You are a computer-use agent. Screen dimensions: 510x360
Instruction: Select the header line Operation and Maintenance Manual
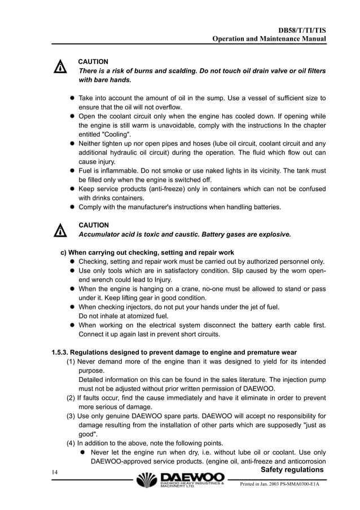(269, 38)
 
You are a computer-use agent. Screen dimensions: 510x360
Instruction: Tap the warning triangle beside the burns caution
(59, 67)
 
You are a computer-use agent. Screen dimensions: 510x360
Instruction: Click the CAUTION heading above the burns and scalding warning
(93, 61)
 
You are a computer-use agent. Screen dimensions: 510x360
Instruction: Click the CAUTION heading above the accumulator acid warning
(93, 225)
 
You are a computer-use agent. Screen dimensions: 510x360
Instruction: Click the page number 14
(55, 472)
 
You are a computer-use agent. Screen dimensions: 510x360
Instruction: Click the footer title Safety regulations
(292, 470)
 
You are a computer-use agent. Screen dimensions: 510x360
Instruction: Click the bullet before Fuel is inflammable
(72, 171)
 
